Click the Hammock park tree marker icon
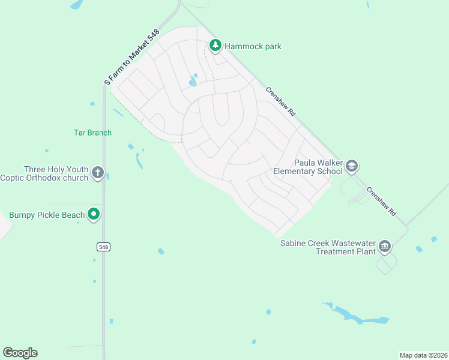[x=215, y=45]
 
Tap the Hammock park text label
[x=253, y=46]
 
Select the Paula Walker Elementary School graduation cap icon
[x=351, y=166]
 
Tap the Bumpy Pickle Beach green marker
[x=93, y=214]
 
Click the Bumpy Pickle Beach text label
[x=47, y=215]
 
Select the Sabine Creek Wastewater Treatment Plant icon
[x=384, y=246]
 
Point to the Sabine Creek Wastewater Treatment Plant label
[x=328, y=247]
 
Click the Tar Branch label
[x=92, y=133]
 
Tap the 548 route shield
[x=104, y=247]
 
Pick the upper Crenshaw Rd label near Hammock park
[x=282, y=101]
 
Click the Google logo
[x=20, y=353]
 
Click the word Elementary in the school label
[x=294, y=171]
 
